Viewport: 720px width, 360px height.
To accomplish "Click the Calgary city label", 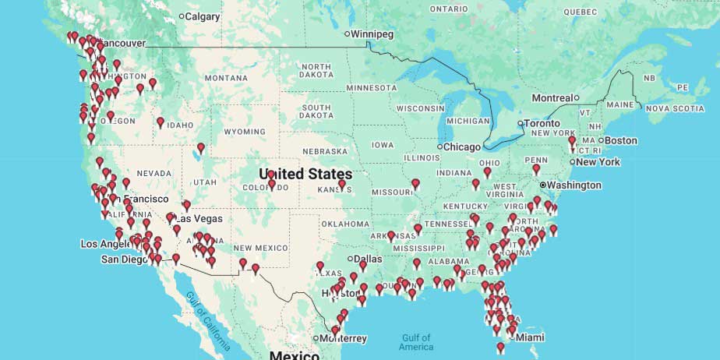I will pyautogui.click(x=202, y=16).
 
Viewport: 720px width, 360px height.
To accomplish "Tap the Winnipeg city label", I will pyautogui.click(x=373, y=34).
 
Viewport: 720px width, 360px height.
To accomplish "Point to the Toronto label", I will pyautogui.click(x=542, y=123).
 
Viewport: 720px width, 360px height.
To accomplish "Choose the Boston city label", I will pyautogui.click(x=621, y=140).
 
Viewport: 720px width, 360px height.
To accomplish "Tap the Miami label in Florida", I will pyautogui.click(x=530, y=337).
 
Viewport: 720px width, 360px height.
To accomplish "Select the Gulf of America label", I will pyautogui.click(x=417, y=342).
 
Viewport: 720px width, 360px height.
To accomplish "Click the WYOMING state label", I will pyautogui.click(x=244, y=132).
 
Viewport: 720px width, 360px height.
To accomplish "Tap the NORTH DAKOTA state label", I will pyautogui.click(x=317, y=72).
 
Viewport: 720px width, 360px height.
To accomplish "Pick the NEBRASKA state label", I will pyautogui.click(x=325, y=151).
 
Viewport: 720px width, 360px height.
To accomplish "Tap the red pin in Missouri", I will pyautogui.click(x=415, y=184).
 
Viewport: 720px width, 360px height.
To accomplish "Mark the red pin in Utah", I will pyautogui.click(x=201, y=147).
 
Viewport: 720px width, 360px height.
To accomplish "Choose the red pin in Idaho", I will pyautogui.click(x=161, y=122).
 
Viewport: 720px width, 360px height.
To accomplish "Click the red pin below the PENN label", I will pyautogui.click(x=536, y=169).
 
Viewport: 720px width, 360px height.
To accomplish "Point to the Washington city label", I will pyautogui.click(x=574, y=185).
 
